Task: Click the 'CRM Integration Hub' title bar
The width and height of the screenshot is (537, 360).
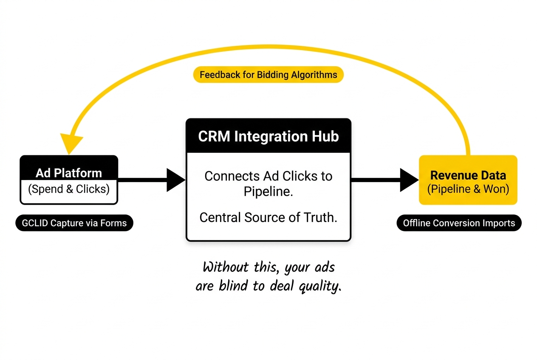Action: tap(268, 136)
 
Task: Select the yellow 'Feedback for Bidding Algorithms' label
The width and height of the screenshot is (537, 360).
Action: tap(268, 75)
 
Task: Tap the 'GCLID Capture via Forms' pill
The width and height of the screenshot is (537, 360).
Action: tap(74, 223)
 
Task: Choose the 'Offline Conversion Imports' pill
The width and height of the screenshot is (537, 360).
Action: tap(459, 223)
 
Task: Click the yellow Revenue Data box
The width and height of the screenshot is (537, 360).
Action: tap(468, 180)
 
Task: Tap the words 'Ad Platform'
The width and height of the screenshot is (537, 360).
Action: tap(69, 173)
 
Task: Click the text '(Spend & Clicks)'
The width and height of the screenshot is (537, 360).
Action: tap(69, 189)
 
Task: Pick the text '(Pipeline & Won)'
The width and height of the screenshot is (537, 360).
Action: tap(468, 189)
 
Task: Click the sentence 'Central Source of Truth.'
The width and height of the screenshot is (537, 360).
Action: tap(268, 217)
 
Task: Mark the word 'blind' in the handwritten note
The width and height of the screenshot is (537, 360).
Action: tap(234, 286)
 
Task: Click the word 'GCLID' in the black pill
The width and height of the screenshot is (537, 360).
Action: tap(36, 223)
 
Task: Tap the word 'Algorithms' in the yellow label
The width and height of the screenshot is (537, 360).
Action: tap(314, 75)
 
